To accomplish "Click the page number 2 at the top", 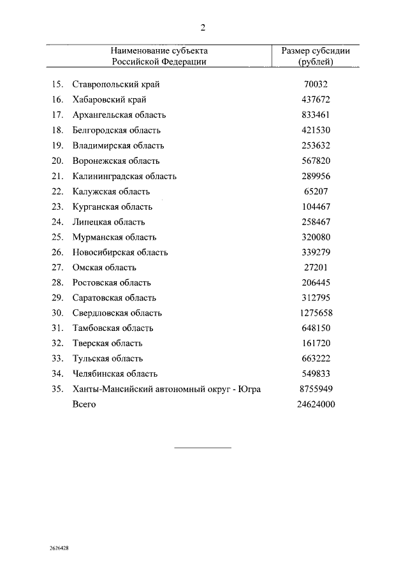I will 203,27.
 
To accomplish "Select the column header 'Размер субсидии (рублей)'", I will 316,56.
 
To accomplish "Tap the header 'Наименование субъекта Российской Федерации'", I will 159,56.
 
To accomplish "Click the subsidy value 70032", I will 316,84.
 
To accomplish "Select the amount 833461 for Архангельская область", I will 316,115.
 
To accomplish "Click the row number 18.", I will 57,130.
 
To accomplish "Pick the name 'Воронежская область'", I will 116,161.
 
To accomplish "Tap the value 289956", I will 316,176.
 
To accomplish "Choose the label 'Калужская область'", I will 111,191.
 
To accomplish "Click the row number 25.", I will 57,237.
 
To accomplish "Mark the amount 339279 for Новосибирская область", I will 316,252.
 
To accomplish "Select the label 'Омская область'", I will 105,267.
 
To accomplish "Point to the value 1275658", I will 316,313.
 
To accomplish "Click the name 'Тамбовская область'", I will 113,328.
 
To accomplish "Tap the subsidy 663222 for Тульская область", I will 316,358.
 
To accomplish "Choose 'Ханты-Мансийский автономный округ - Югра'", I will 166,389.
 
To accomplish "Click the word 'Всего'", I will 84,404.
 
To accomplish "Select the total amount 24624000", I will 316,404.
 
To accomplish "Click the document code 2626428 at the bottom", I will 60,548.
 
